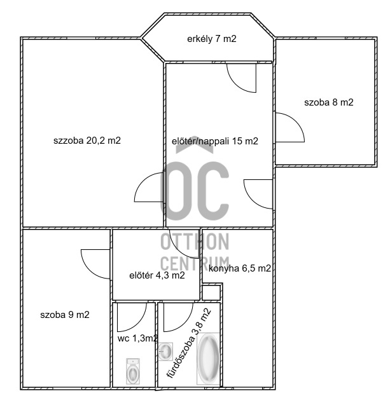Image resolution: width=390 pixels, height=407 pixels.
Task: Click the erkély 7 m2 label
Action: point(212,39)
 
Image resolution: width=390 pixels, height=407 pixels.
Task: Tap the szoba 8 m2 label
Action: point(328,102)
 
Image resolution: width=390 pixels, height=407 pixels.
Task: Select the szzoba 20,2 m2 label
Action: point(87,141)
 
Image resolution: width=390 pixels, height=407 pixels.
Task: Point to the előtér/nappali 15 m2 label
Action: point(215,141)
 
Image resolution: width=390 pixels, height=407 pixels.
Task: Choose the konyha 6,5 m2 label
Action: point(240,268)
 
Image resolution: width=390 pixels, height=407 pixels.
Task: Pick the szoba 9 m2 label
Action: point(64,314)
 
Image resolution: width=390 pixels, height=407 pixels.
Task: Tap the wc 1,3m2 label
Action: point(137,338)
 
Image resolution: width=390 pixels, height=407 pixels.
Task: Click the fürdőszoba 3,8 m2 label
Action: point(188,343)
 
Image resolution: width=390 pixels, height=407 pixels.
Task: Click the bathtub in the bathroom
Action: point(209,360)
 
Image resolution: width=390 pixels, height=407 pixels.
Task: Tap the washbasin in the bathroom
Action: point(165,350)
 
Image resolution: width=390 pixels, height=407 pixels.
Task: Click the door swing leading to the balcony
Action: point(242,78)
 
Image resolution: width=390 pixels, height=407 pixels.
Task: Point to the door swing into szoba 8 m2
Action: point(288,130)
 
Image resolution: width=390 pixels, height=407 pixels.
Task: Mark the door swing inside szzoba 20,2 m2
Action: point(150,188)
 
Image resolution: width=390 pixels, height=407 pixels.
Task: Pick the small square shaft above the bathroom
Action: point(210,293)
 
